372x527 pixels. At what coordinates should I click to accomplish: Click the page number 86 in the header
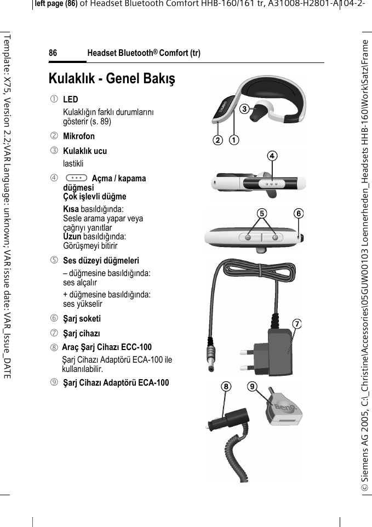53,53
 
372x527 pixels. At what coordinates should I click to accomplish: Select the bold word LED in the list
71,100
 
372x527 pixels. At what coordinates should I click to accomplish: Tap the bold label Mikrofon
79,136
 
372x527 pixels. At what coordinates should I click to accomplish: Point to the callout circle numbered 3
242,108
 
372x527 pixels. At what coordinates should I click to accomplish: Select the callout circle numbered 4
272,156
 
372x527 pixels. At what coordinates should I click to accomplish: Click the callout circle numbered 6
299,213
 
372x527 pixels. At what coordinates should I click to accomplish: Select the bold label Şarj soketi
82,318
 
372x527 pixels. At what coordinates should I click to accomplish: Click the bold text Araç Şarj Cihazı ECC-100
107,347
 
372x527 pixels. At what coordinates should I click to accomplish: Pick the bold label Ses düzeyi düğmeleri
101,260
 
